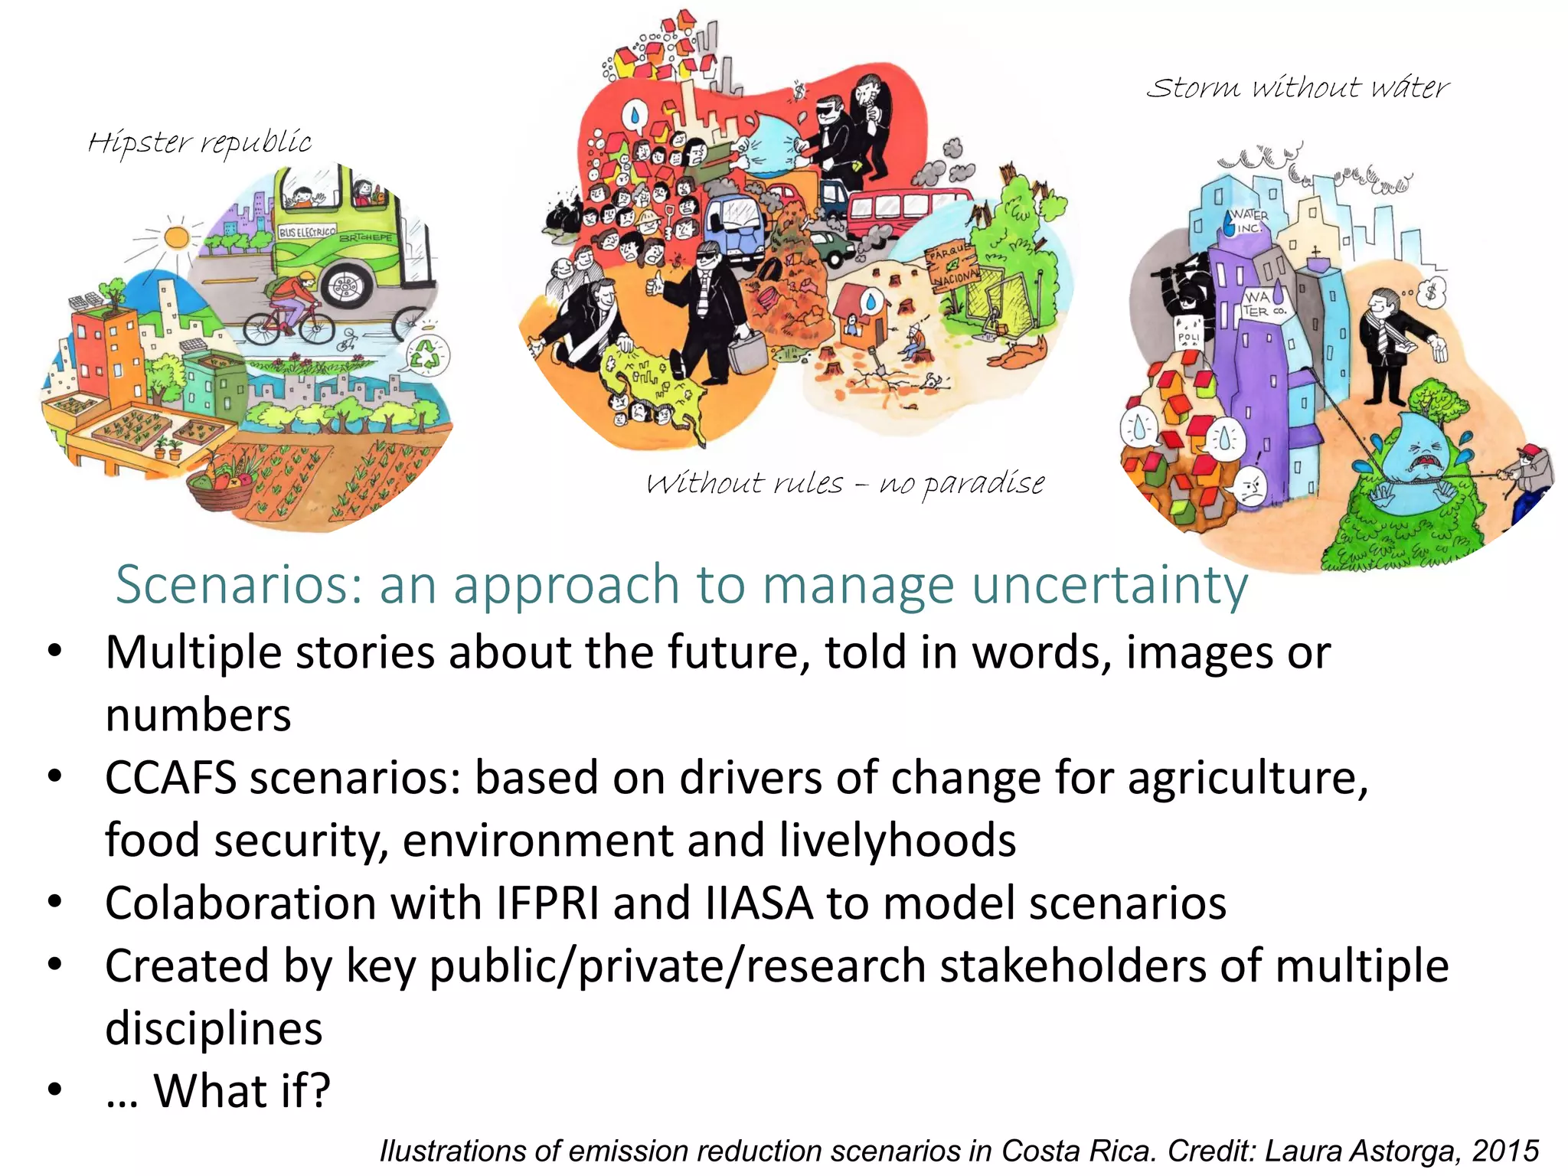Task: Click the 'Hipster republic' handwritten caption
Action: tap(200, 142)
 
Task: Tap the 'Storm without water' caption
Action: tap(1297, 88)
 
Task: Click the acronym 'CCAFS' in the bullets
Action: tap(170, 778)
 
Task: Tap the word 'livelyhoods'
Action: tap(897, 841)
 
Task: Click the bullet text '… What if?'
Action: tap(218, 1091)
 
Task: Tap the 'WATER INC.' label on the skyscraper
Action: tap(1249, 220)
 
